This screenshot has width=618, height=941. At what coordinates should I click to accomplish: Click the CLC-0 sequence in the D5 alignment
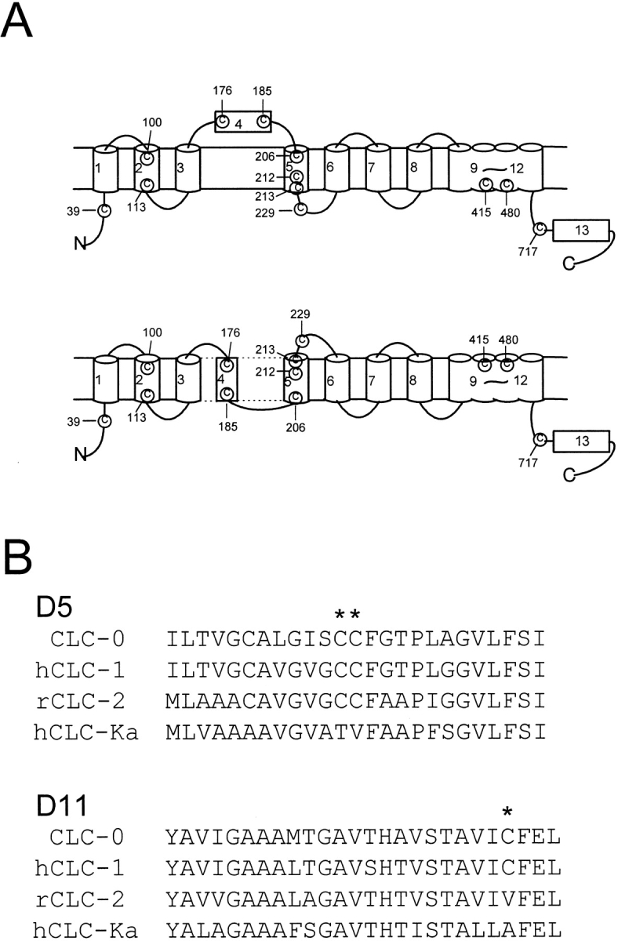click(354, 640)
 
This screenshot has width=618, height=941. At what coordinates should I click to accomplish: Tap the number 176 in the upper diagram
click(222, 91)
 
